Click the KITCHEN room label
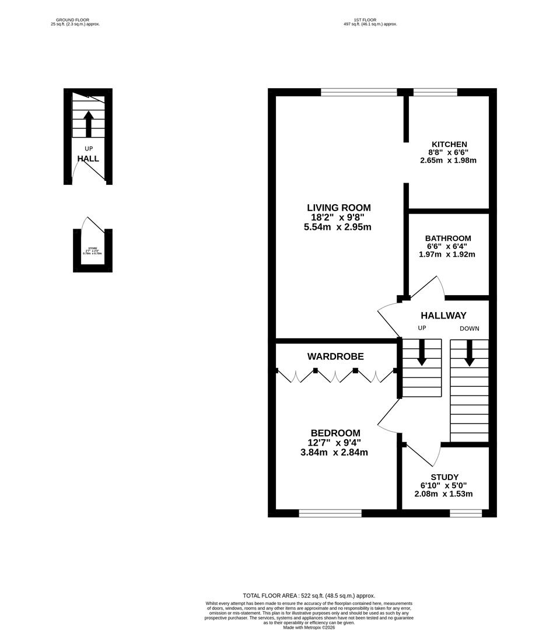pyautogui.click(x=449, y=144)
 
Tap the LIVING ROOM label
pyautogui.click(x=338, y=208)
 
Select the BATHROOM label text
pyautogui.click(x=447, y=238)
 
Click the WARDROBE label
pyautogui.click(x=335, y=356)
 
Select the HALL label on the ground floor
pyautogui.click(x=88, y=159)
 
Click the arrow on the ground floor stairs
pyautogui.click(x=88, y=124)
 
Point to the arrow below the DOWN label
pyautogui.click(x=469, y=353)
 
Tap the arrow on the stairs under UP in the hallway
pyautogui.click(x=422, y=353)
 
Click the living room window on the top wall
pyautogui.click(x=359, y=92)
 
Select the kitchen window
pyautogui.click(x=435, y=92)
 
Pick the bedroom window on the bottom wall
pyautogui.click(x=330, y=513)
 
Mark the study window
pyautogui.click(x=466, y=513)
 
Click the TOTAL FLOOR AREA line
pyautogui.click(x=309, y=595)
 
